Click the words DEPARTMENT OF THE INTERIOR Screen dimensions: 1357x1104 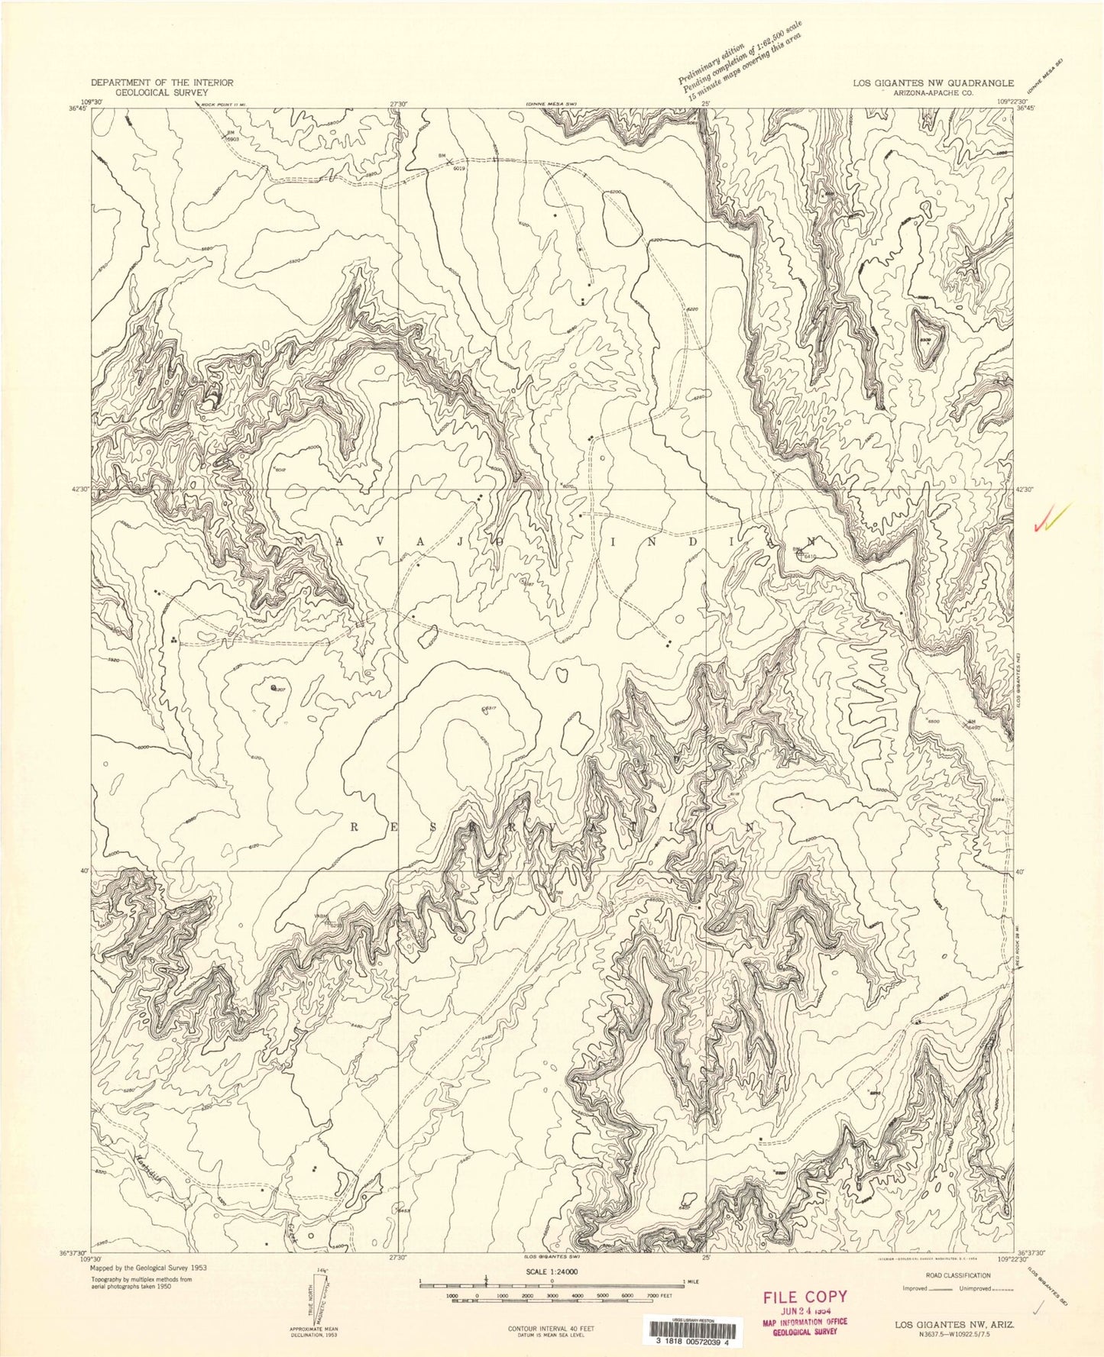click(x=161, y=82)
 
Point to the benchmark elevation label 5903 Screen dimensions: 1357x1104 click(x=234, y=140)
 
